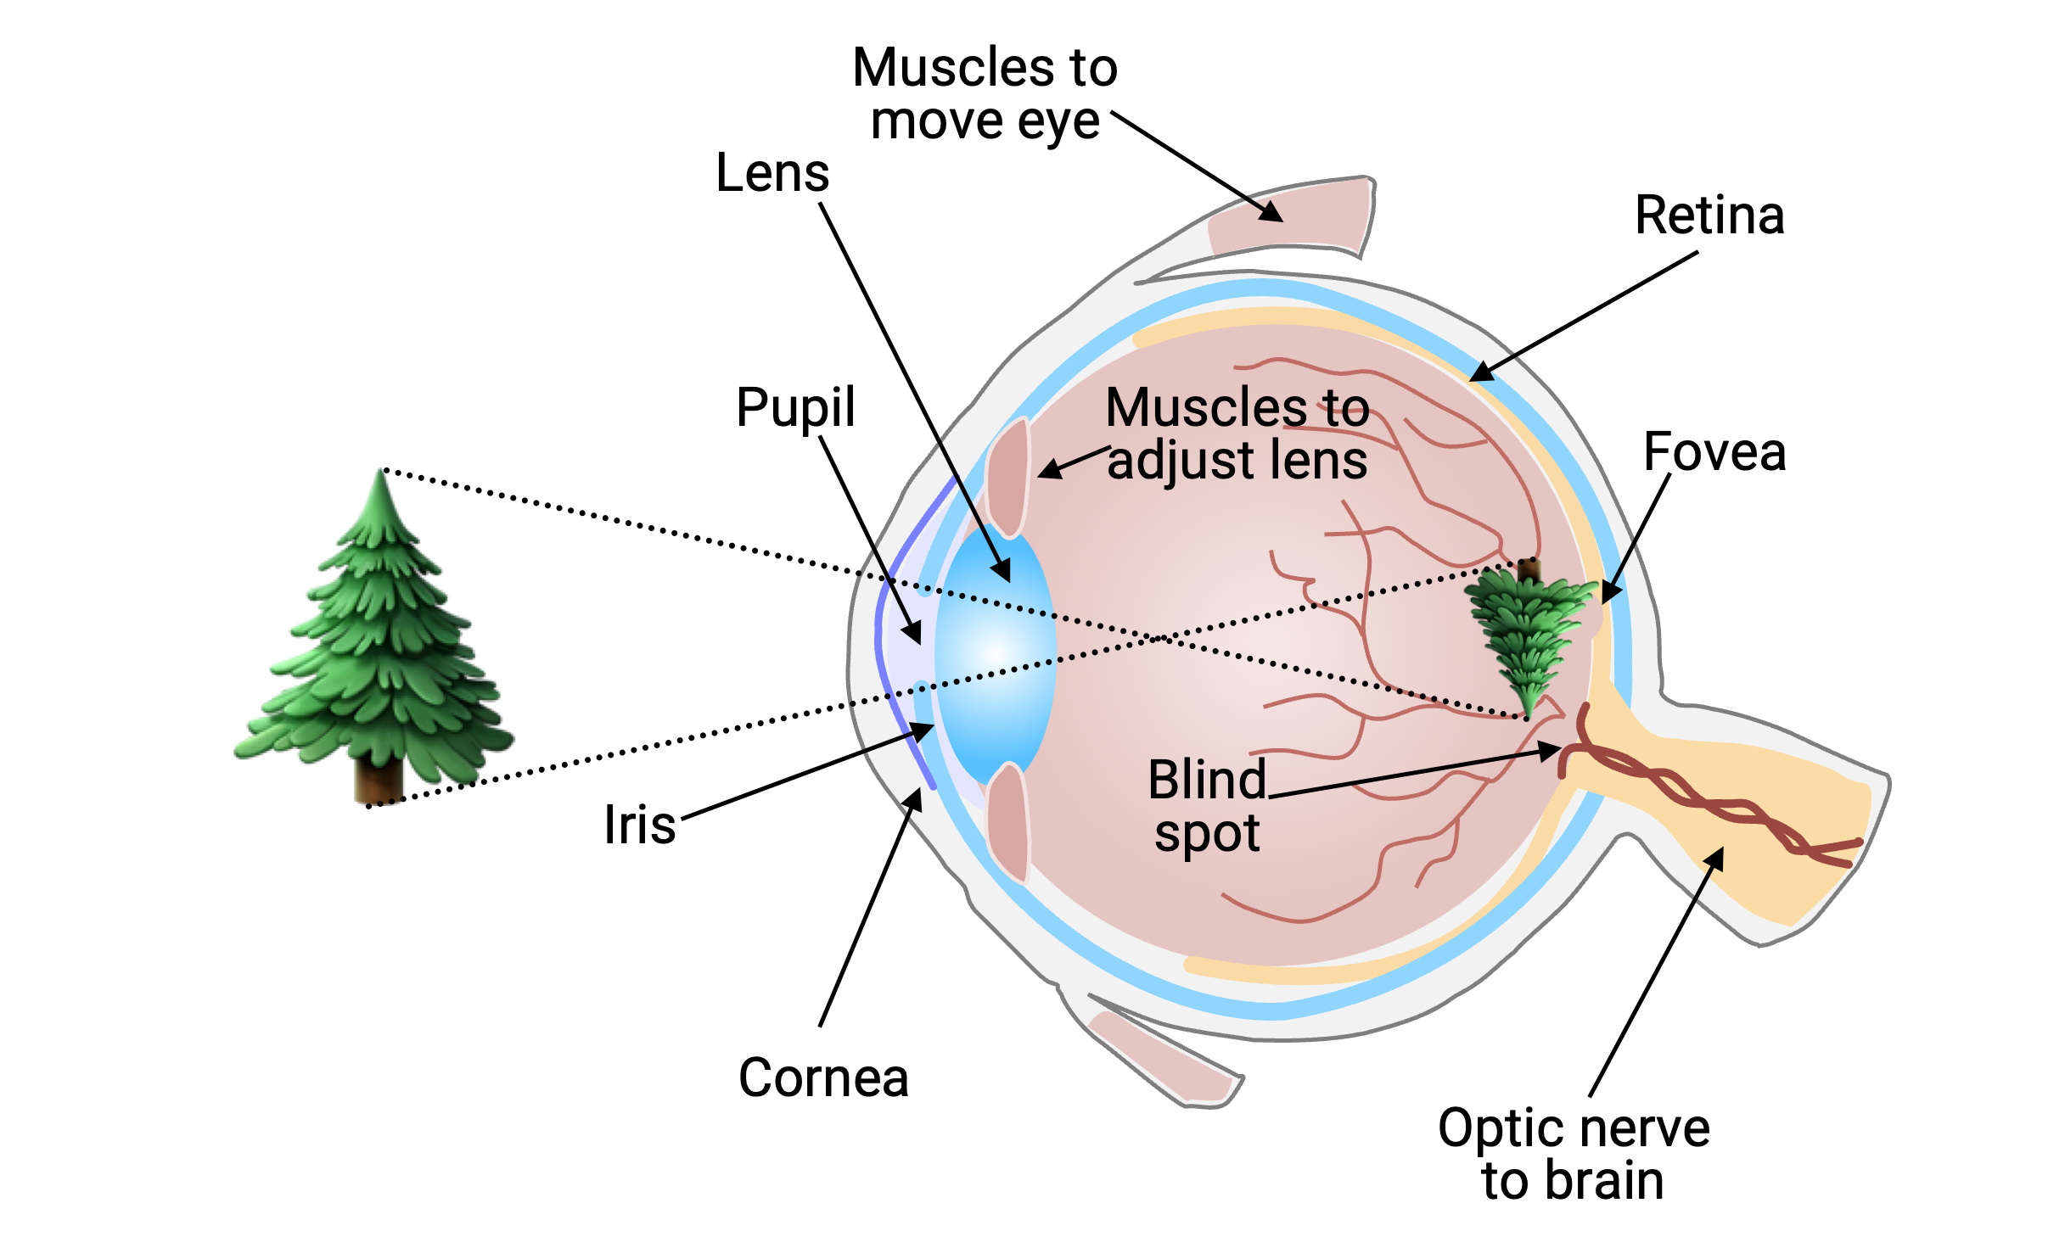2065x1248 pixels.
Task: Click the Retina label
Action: click(x=1709, y=216)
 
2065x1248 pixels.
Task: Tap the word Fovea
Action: click(x=1714, y=452)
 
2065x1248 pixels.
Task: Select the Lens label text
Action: click(x=772, y=174)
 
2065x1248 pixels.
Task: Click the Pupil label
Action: click(x=795, y=408)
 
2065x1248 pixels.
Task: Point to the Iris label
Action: click(x=640, y=825)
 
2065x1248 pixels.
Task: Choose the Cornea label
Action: click(x=823, y=1078)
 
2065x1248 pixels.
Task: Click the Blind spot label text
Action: click(x=1207, y=806)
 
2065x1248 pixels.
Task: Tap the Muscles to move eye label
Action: click(x=985, y=93)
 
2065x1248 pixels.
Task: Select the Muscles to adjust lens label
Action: click(x=1237, y=434)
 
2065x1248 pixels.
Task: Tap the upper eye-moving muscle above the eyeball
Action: click(x=1290, y=216)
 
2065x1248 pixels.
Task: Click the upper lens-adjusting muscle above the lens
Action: click(x=1008, y=479)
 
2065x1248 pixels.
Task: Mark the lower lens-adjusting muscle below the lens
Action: click(x=1008, y=823)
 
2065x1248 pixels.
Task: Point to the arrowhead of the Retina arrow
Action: click(x=1479, y=373)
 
